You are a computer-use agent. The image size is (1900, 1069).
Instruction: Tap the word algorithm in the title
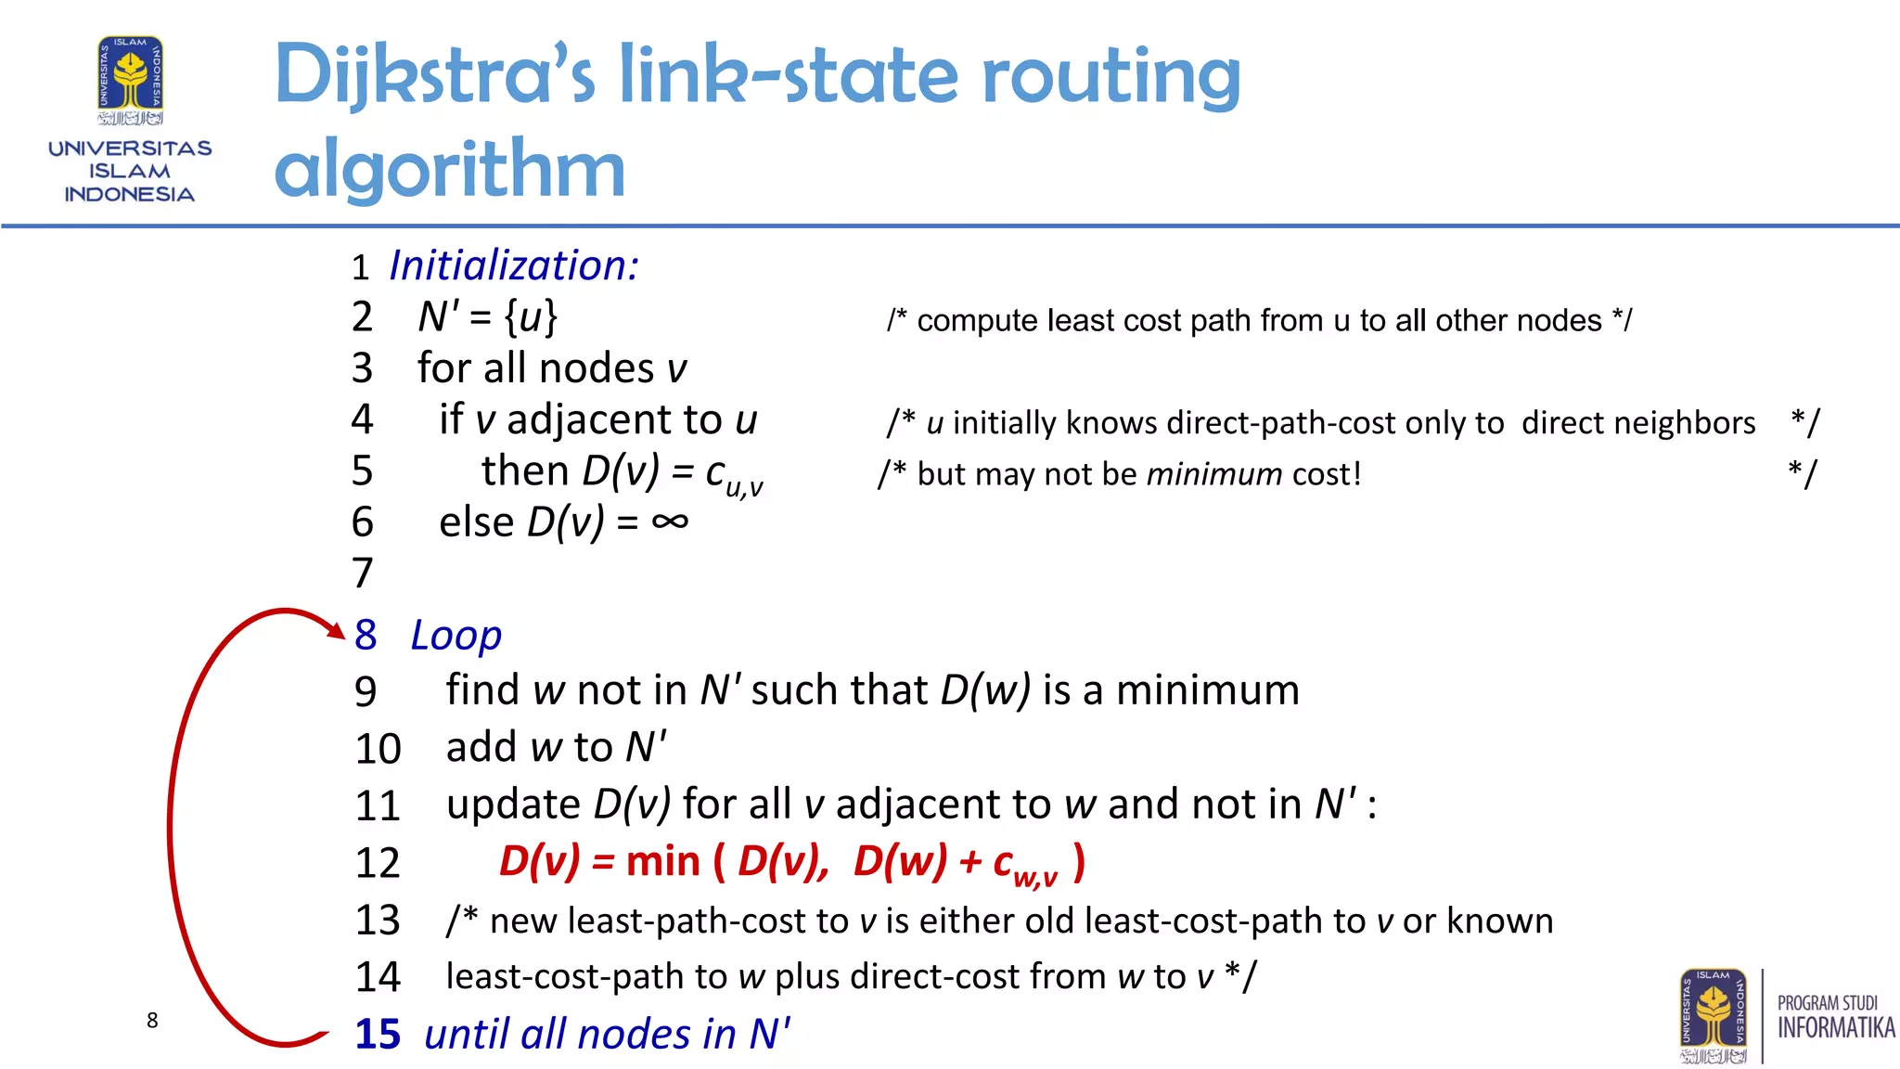[x=450, y=169]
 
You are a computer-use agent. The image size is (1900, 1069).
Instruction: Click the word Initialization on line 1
[x=513, y=266]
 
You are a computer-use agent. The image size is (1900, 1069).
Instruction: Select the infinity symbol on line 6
[x=670, y=522]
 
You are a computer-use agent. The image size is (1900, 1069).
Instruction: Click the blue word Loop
[x=456, y=636]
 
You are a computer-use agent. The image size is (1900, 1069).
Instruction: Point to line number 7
[x=363, y=573]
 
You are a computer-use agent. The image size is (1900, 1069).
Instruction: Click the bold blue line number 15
[x=378, y=1034]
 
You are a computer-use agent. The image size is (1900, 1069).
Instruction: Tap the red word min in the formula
[x=662, y=862]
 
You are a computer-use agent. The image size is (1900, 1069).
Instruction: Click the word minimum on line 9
[x=1207, y=691]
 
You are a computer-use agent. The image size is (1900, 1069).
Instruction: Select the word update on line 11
[x=513, y=805]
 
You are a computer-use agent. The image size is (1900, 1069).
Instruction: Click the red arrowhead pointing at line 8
[x=336, y=629]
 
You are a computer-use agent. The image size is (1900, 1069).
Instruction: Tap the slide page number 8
[x=152, y=1021]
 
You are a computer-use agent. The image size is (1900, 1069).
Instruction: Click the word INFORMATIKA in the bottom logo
[x=1836, y=1028]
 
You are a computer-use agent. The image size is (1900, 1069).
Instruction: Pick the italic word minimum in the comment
[x=1214, y=474]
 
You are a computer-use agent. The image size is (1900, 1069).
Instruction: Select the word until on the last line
[x=467, y=1034]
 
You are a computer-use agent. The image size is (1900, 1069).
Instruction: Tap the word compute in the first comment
[x=977, y=321]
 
